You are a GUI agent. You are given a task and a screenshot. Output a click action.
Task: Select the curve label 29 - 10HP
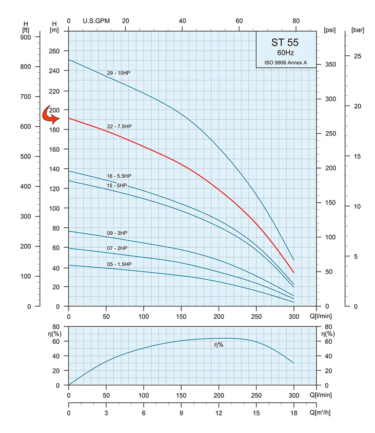(x=119, y=73)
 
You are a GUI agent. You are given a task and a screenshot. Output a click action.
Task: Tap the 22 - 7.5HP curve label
(x=119, y=126)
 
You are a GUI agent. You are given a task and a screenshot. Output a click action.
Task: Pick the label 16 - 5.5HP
(x=119, y=176)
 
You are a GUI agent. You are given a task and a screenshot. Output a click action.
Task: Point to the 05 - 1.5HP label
(x=119, y=264)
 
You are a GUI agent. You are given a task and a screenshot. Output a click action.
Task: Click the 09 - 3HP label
(x=117, y=233)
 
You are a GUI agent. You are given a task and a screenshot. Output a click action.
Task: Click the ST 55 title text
(x=285, y=42)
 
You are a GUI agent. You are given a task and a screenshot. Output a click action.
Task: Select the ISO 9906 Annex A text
(x=286, y=63)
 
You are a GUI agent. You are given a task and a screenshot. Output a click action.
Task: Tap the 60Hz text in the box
(x=286, y=53)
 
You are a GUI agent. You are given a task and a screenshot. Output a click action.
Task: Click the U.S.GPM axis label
(x=96, y=21)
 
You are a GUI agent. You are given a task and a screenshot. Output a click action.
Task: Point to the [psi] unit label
(x=329, y=30)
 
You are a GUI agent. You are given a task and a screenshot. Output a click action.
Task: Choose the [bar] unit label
(x=358, y=30)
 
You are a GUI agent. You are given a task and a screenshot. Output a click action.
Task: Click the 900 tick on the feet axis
(x=26, y=37)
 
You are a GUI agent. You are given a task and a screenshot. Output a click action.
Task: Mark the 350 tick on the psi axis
(x=330, y=65)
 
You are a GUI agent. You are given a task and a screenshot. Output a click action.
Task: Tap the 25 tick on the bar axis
(x=358, y=56)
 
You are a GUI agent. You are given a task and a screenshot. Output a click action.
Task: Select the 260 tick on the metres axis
(x=54, y=51)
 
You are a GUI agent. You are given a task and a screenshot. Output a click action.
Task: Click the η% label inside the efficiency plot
(x=219, y=345)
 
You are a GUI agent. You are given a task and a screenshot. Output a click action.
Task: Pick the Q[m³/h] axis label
(x=320, y=413)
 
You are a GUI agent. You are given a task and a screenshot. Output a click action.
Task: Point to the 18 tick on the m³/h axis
(x=293, y=413)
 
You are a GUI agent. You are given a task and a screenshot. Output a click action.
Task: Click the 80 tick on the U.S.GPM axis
(x=296, y=21)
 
